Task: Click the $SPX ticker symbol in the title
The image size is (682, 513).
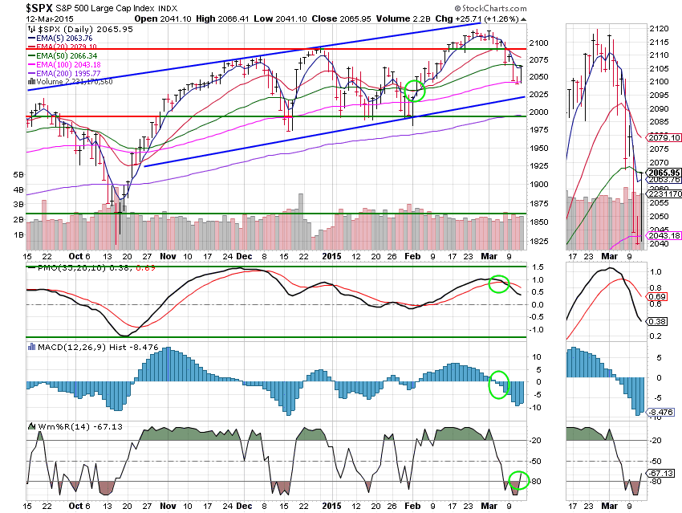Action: pos(17,7)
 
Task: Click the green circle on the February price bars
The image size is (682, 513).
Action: pos(415,90)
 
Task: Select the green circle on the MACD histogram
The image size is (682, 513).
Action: pos(498,383)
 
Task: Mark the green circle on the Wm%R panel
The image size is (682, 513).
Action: pos(518,481)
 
